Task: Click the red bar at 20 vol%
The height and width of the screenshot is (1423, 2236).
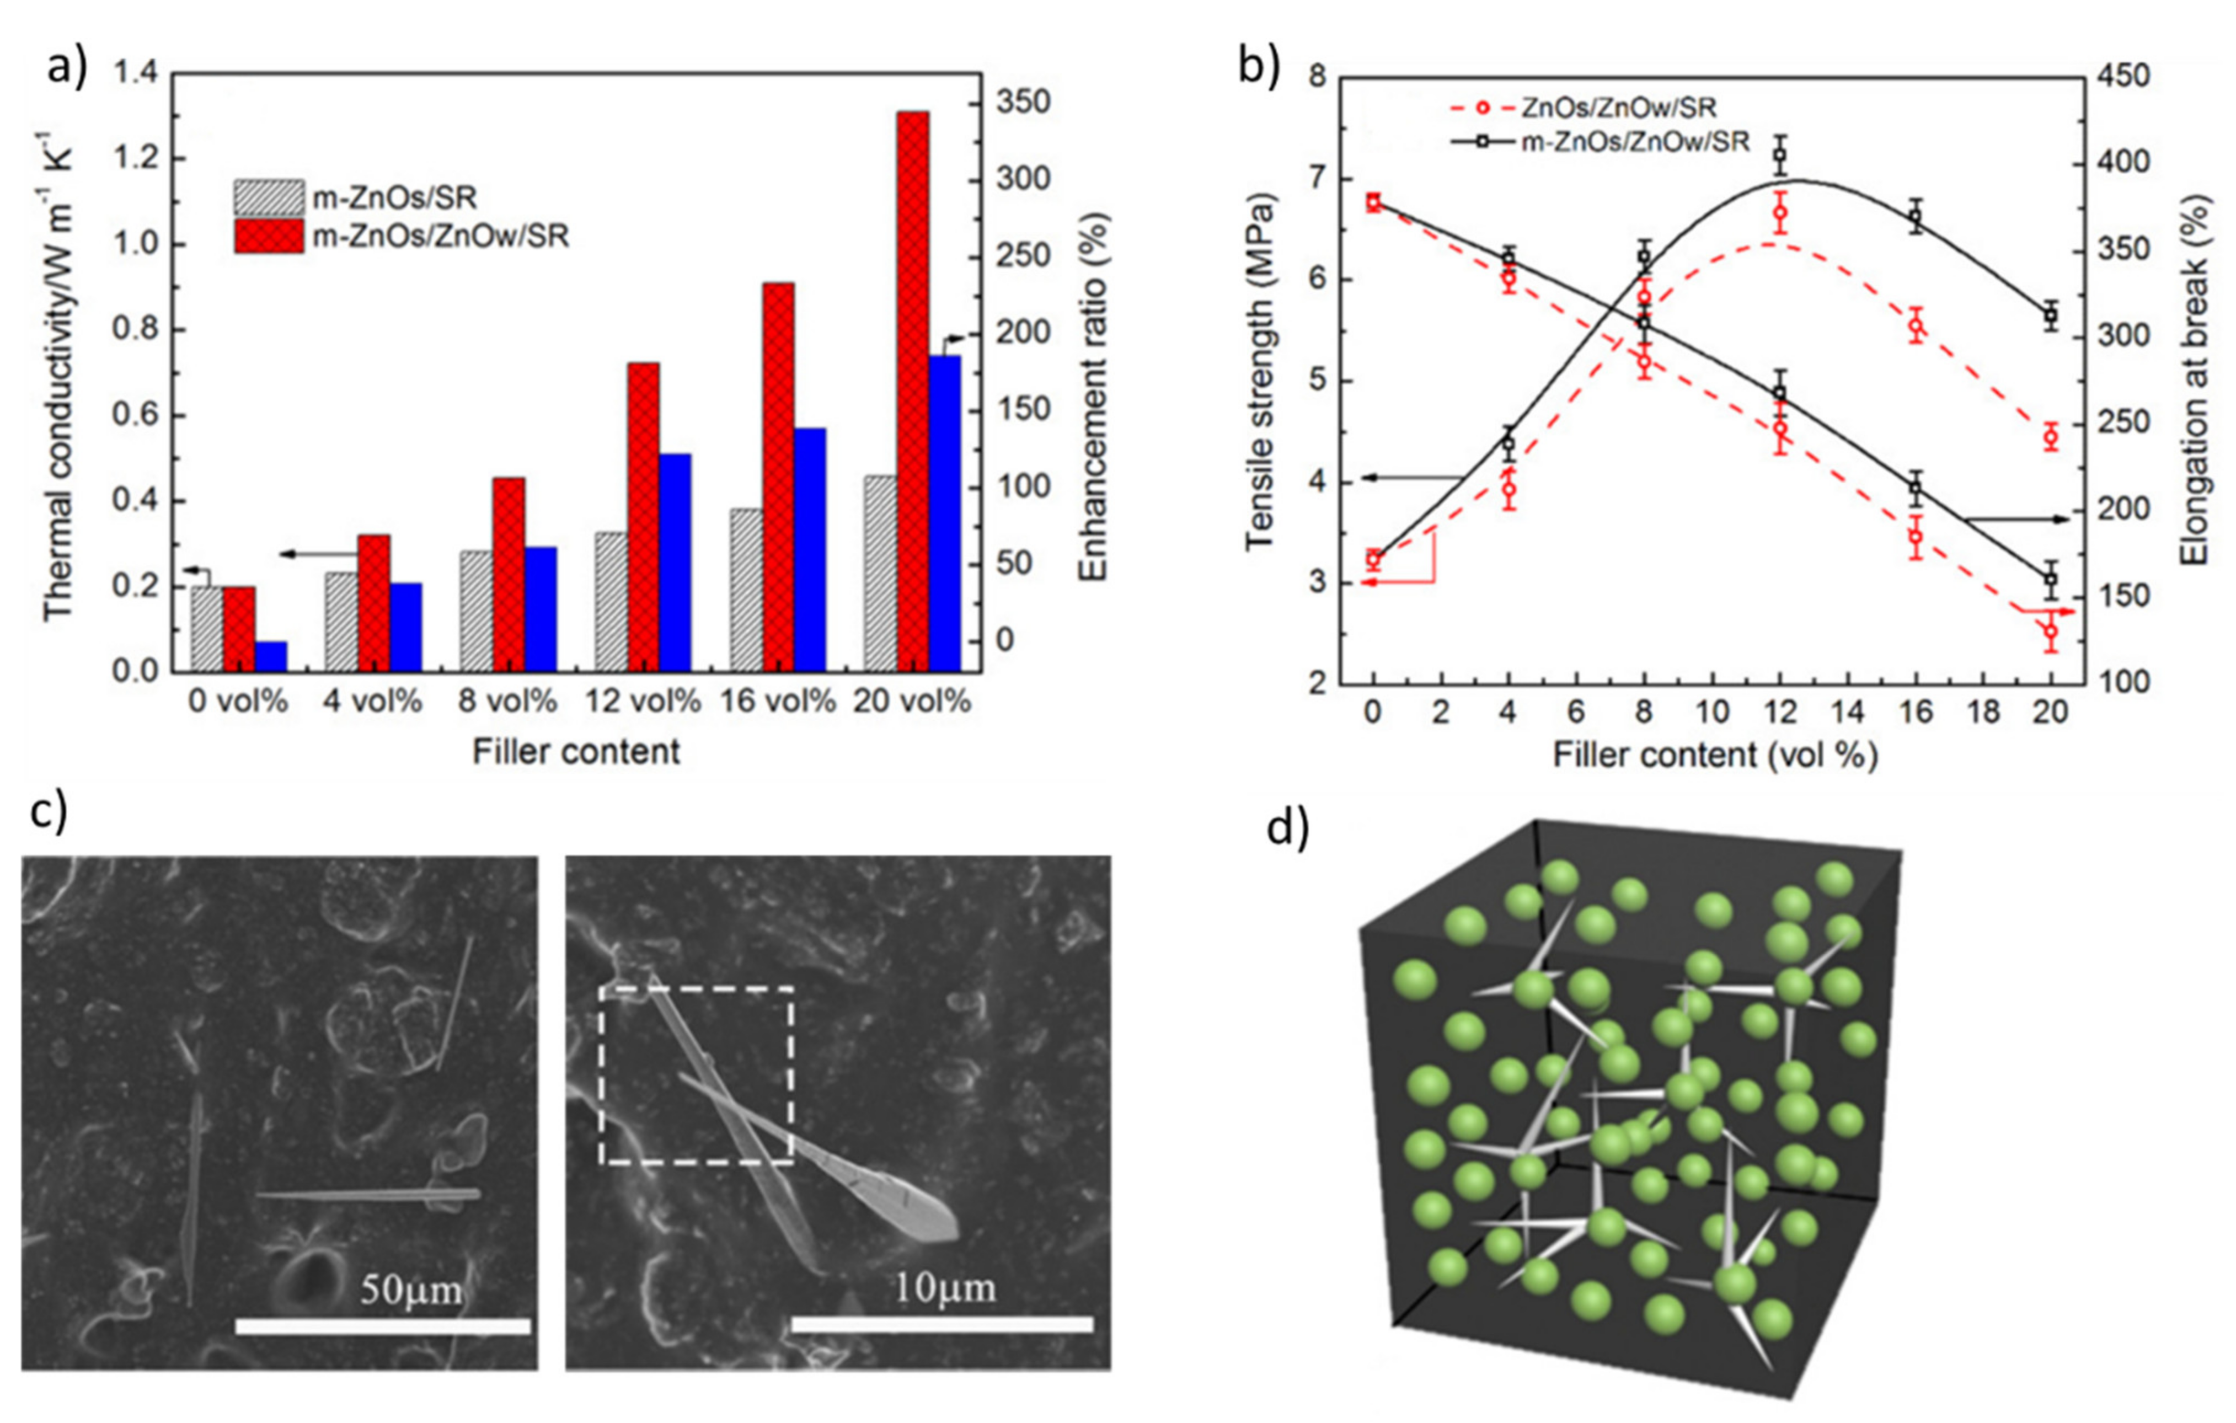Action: pyautogui.click(x=913, y=390)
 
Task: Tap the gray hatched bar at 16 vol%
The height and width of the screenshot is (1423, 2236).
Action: pyautogui.click(x=746, y=590)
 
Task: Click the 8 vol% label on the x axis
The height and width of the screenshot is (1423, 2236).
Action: pyautogui.click(x=508, y=700)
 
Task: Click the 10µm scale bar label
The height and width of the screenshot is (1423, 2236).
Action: pyautogui.click(x=943, y=1287)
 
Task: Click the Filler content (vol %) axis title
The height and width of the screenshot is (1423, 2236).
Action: pyautogui.click(x=1714, y=754)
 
